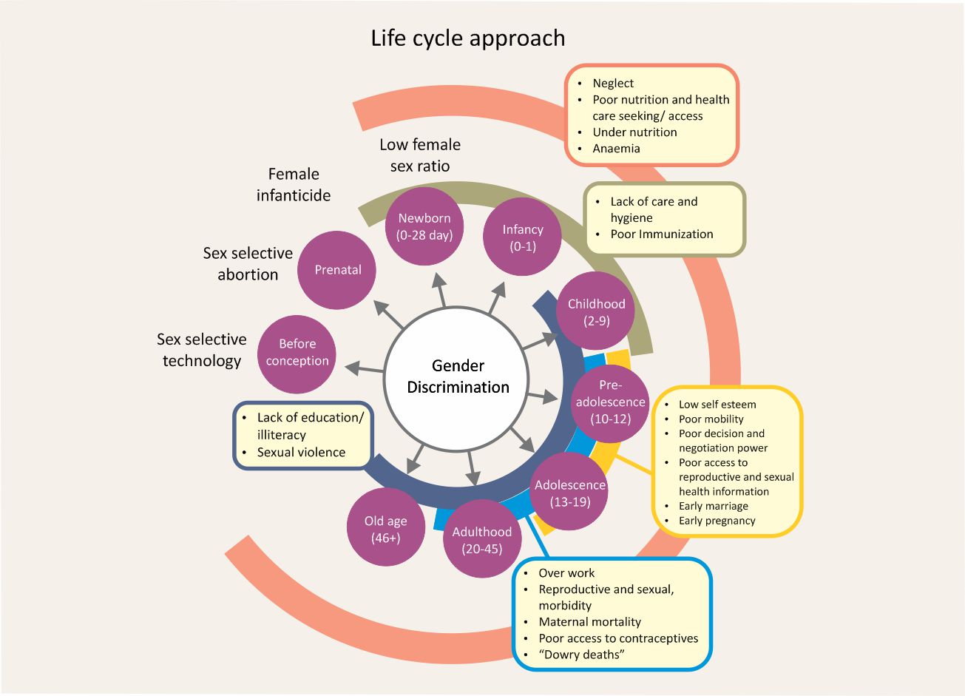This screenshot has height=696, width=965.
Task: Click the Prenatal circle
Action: click(x=337, y=270)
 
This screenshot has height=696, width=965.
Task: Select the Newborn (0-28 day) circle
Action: click(x=424, y=226)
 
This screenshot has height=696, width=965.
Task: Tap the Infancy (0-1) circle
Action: click(x=522, y=237)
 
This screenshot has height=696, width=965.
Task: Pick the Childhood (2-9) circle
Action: click(x=595, y=311)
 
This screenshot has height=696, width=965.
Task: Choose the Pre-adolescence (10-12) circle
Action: click(x=610, y=402)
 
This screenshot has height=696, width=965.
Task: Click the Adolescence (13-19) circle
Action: click(x=569, y=493)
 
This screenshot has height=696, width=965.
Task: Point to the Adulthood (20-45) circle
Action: click(x=481, y=539)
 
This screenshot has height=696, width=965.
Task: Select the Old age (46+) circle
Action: click(x=385, y=528)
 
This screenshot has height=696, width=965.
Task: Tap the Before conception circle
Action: click(x=297, y=353)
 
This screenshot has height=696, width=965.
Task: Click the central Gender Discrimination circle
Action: click(x=458, y=376)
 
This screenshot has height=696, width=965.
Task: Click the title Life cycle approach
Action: click(x=467, y=38)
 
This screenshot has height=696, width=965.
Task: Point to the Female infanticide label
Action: click(x=294, y=185)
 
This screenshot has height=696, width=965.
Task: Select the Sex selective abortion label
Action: click(x=248, y=263)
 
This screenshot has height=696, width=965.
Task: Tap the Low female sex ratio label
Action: click(x=420, y=155)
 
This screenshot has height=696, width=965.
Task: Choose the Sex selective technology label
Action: click(x=201, y=350)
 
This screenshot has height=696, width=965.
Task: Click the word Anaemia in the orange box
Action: click(x=616, y=149)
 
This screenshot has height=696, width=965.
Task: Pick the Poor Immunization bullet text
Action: click(x=661, y=234)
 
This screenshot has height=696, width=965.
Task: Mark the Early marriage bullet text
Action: click(x=713, y=507)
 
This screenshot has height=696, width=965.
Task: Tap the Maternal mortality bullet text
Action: click(x=589, y=622)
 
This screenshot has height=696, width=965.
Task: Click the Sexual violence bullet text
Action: click(x=301, y=453)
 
